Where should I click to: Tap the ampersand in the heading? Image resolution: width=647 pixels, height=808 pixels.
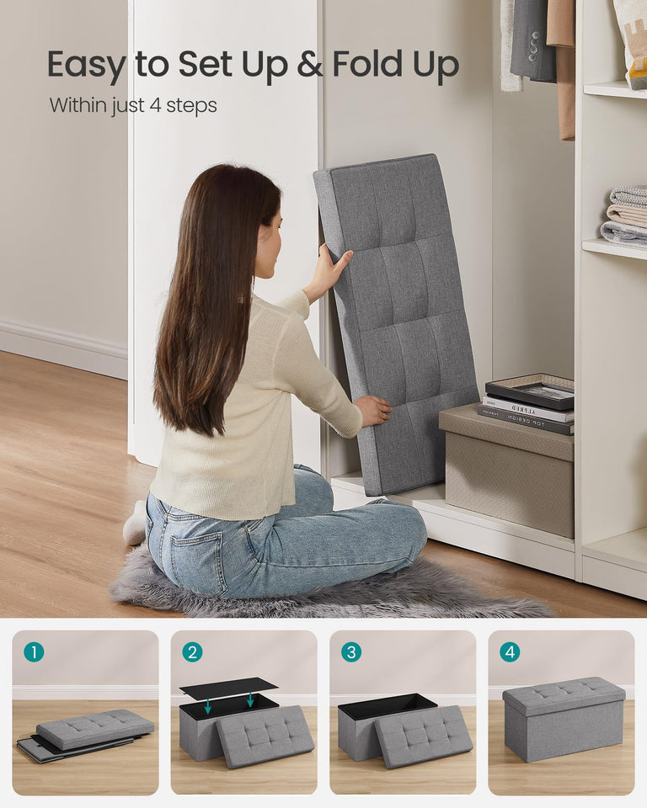(310, 66)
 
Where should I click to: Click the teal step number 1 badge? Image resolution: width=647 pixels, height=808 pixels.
(34, 651)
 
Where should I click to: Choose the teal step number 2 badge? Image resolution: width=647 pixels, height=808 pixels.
(192, 651)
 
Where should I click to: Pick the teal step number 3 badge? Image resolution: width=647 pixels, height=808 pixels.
(350, 651)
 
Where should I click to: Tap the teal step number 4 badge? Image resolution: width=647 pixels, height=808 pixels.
(509, 651)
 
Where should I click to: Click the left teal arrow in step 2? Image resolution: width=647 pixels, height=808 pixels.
(208, 705)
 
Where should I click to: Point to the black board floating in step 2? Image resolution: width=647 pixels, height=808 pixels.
(228, 688)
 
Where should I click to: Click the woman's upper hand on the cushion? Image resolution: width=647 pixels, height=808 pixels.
(329, 271)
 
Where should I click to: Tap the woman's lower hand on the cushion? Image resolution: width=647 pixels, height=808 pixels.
(373, 411)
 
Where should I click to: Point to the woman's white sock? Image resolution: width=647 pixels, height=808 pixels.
(135, 526)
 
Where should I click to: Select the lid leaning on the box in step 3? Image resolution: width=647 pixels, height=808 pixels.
(423, 736)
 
